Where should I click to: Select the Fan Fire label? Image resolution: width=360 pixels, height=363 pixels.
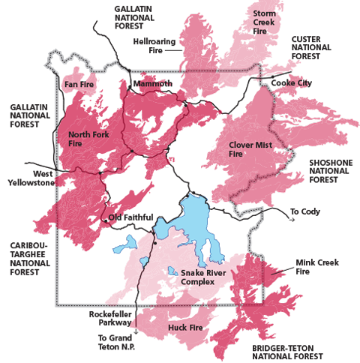pyautogui.click(x=78, y=85)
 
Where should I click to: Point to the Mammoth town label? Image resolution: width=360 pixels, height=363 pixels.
pyautogui.click(x=152, y=84)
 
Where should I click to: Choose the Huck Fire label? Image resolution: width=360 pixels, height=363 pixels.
pyautogui.click(x=182, y=327)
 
